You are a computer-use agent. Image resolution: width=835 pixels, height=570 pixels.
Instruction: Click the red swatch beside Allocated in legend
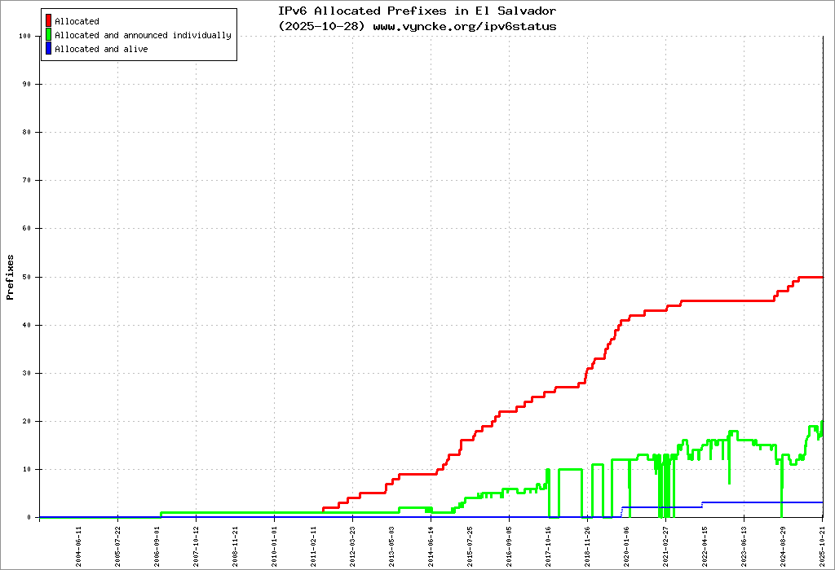point(49,21)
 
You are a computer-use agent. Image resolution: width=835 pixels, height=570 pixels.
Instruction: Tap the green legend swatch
point(49,35)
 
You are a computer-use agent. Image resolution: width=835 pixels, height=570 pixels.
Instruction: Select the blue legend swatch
point(49,49)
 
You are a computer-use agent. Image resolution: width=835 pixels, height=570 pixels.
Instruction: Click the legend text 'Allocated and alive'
point(101,49)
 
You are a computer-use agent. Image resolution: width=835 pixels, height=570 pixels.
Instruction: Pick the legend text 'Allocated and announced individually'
point(143,35)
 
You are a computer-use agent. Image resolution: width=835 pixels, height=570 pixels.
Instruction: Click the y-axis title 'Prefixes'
point(11,277)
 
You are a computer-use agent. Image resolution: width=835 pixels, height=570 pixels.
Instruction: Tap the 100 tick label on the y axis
point(25,36)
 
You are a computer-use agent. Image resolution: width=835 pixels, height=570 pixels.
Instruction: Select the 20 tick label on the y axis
point(27,421)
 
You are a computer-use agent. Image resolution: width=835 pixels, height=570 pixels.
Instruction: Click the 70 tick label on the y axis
point(27,181)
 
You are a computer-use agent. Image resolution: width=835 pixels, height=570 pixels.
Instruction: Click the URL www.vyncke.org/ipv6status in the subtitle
point(465,26)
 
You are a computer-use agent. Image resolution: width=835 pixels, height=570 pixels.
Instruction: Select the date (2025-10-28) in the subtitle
point(323,26)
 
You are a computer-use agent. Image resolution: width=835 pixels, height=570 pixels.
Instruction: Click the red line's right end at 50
point(822,277)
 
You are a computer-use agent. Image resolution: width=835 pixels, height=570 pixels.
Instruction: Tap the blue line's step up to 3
point(702,504)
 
